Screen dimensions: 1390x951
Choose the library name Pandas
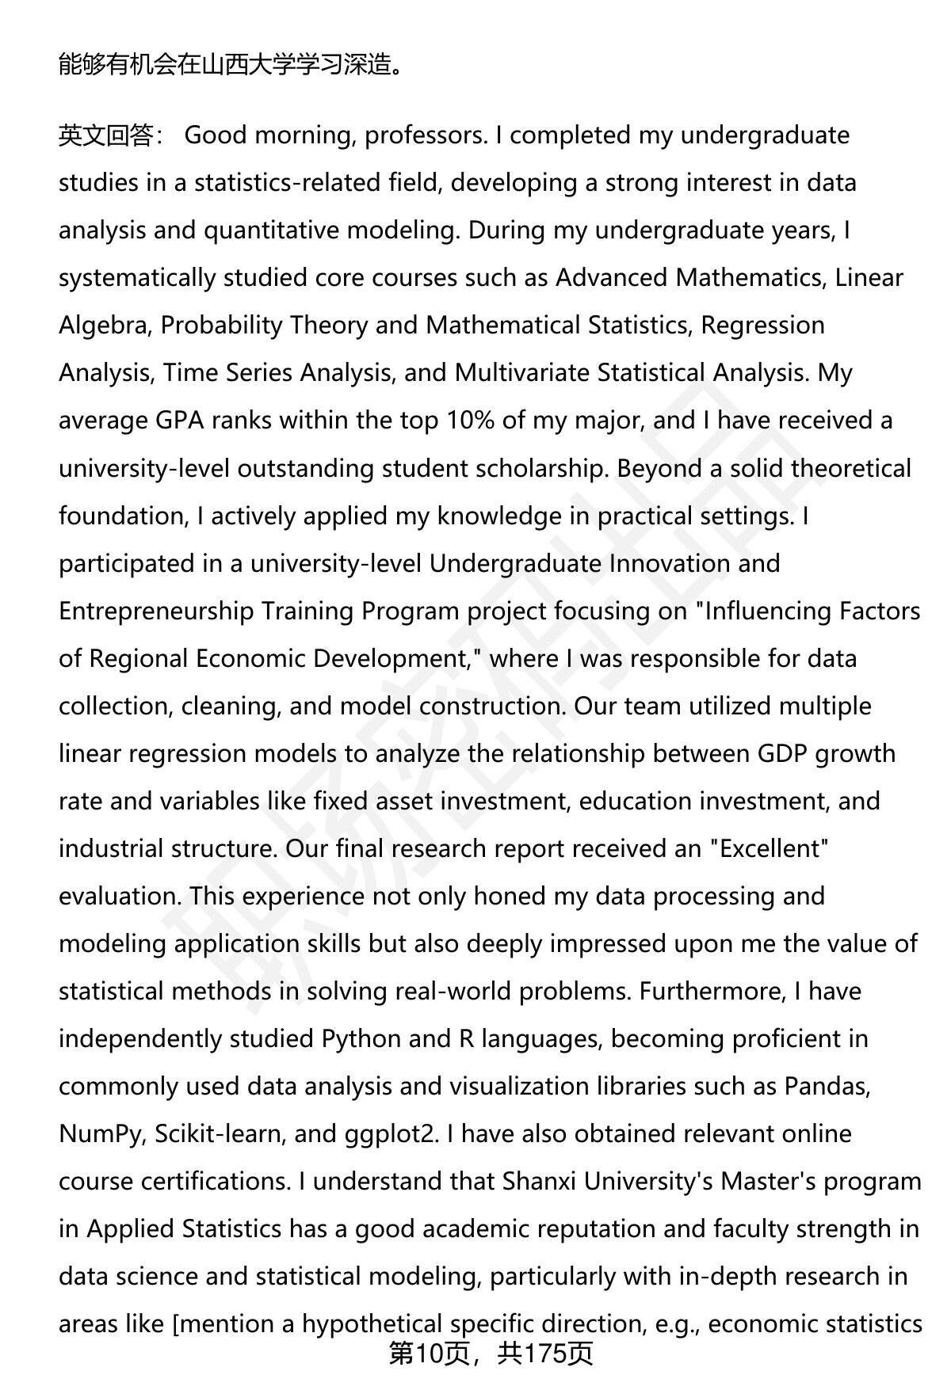tap(827, 1086)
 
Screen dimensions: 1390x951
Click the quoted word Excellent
tap(769, 848)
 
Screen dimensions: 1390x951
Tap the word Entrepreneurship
tap(156, 611)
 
